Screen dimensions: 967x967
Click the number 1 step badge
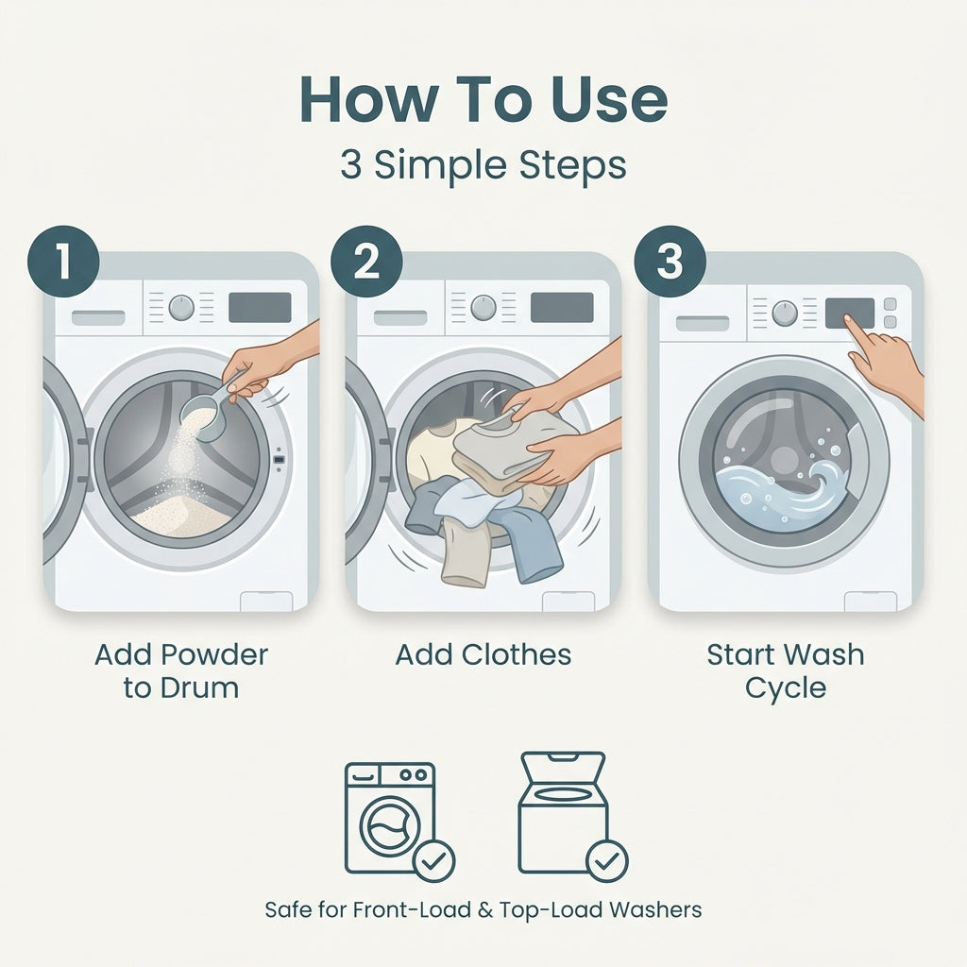point(62,262)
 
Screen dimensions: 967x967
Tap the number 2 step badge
point(366,262)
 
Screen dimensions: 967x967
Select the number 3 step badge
point(669,262)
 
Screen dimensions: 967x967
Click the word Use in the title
point(602,99)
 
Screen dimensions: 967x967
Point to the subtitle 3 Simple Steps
point(483,165)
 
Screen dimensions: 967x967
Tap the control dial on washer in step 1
point(181,307)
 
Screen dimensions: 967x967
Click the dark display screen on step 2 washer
point(561,307)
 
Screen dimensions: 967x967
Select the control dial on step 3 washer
point(785,313)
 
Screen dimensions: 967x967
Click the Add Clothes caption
point(483,654)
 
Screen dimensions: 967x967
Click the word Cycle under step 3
point(785,687)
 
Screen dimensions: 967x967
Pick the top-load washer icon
point(563,812)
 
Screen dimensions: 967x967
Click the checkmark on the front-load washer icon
point(434,860)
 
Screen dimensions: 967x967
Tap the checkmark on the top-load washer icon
point(606,860)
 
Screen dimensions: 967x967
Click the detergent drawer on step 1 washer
point(98,317)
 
